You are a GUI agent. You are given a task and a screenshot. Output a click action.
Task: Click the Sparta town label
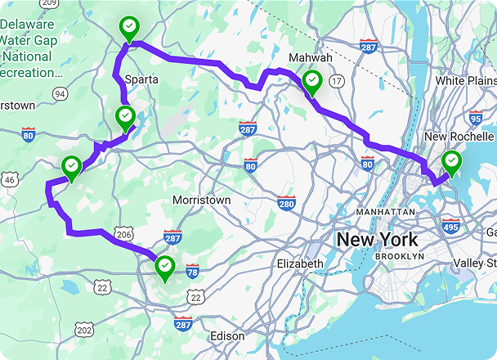tap(142, 79)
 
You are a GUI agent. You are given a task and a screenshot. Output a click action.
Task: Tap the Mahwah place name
tap(311, 58)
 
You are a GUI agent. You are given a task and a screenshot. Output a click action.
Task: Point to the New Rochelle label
tap(459, 136)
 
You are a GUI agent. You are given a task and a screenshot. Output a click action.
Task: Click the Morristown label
tap(202, 200)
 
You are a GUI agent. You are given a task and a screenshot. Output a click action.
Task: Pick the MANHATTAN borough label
tap(386, 211)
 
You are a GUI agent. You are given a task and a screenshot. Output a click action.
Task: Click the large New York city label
tap(378, 240)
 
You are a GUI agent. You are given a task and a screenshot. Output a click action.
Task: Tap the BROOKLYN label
tap(400, 256)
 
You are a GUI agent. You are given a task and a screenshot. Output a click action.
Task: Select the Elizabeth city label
tap(300, 263)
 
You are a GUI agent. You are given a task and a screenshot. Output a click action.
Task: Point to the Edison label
tap(228, 335)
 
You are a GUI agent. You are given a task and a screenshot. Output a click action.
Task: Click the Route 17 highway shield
tap(336, 80)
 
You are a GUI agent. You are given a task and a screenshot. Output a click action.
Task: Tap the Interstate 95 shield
tap(476, 118)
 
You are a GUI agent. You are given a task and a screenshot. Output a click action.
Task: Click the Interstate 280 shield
tap(286, 203)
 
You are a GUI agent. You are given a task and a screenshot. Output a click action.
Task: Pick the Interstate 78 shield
tap(193, 270)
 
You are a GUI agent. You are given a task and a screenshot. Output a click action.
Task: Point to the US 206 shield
tap(123, 234)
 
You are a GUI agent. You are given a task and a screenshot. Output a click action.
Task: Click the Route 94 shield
tap(60, 93)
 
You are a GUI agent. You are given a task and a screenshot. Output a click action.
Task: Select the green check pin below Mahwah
tap(312, 82)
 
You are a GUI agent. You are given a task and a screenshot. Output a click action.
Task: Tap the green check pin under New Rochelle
tap(450, 162)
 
